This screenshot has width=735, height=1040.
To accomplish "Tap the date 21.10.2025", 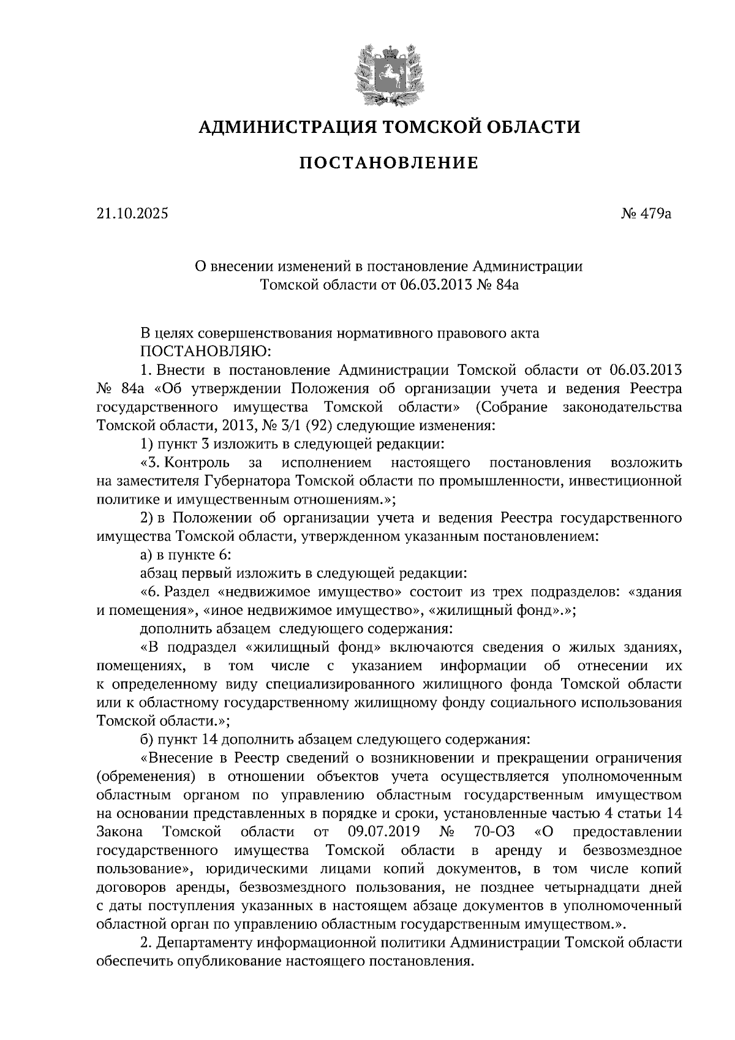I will tap(131, 214).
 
